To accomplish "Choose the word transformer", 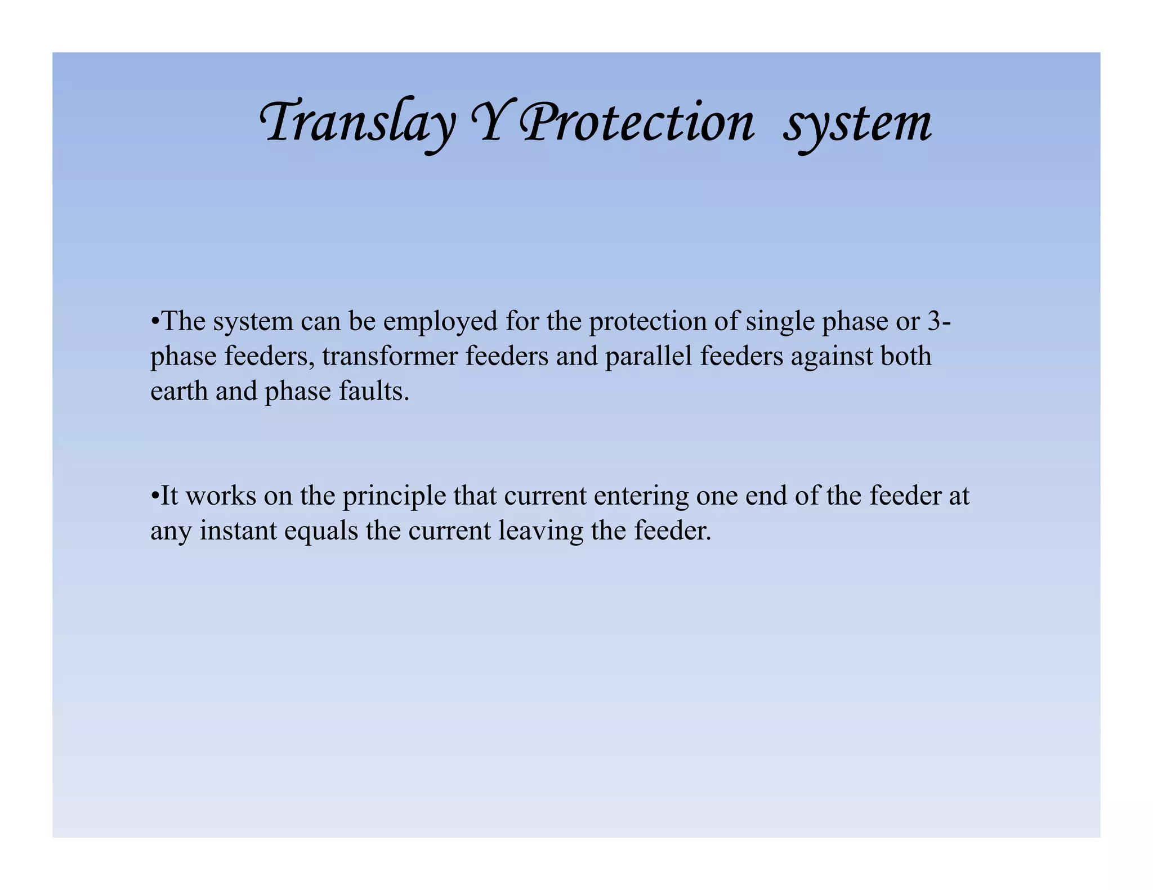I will [390, 356].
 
